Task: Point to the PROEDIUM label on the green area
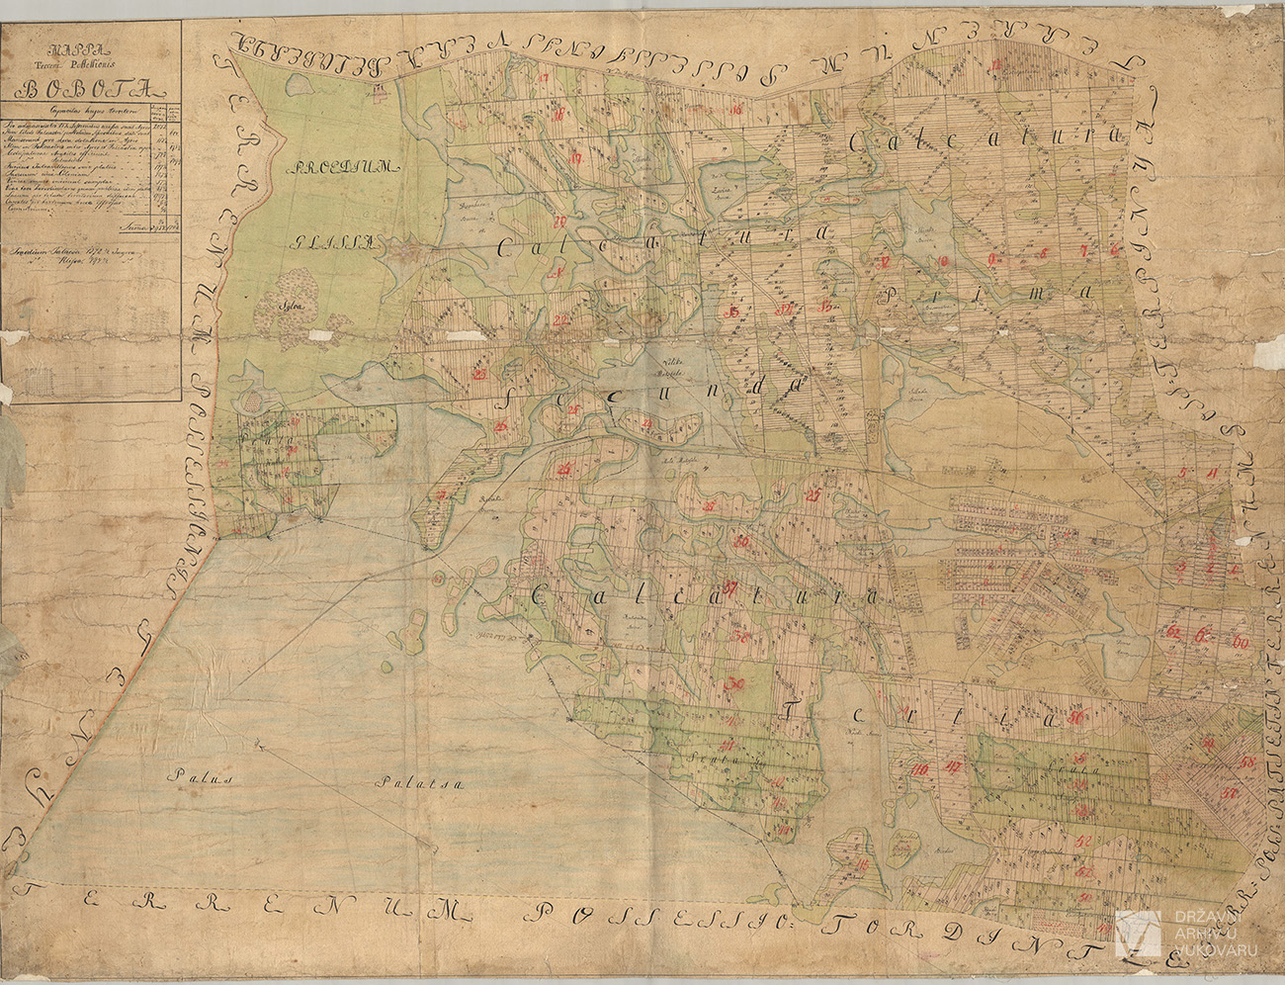[x=342, y=170]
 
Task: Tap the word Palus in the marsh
[x=198, y=778]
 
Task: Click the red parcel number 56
[x=1076, y=717]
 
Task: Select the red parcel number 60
[x=1238, y=644]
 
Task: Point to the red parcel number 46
[x=921, y=770]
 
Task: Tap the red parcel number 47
[x=954, y=766]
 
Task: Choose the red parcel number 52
[x=1083, y=842]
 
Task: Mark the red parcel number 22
[x=561, y=319]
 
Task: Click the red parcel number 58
[x=1247, y=761]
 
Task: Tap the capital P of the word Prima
[x=893, y=293]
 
